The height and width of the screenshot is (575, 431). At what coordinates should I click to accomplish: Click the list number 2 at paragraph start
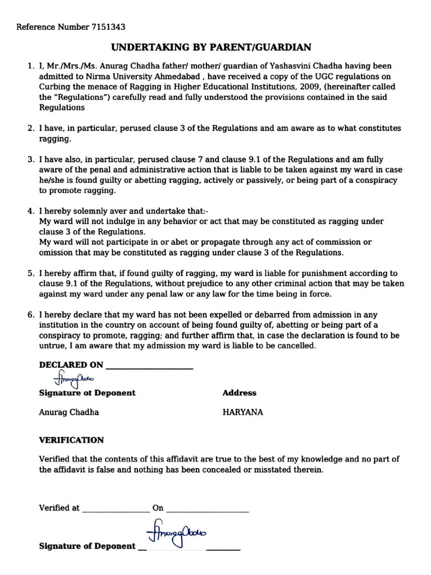31,129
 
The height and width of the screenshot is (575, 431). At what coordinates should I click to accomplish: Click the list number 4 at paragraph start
31,211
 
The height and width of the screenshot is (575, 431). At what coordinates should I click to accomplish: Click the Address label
239,393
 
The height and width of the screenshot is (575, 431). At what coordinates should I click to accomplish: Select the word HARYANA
242,412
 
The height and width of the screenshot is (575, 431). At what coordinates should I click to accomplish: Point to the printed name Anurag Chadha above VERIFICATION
68,412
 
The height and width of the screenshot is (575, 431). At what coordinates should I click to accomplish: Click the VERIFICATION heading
71,440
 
